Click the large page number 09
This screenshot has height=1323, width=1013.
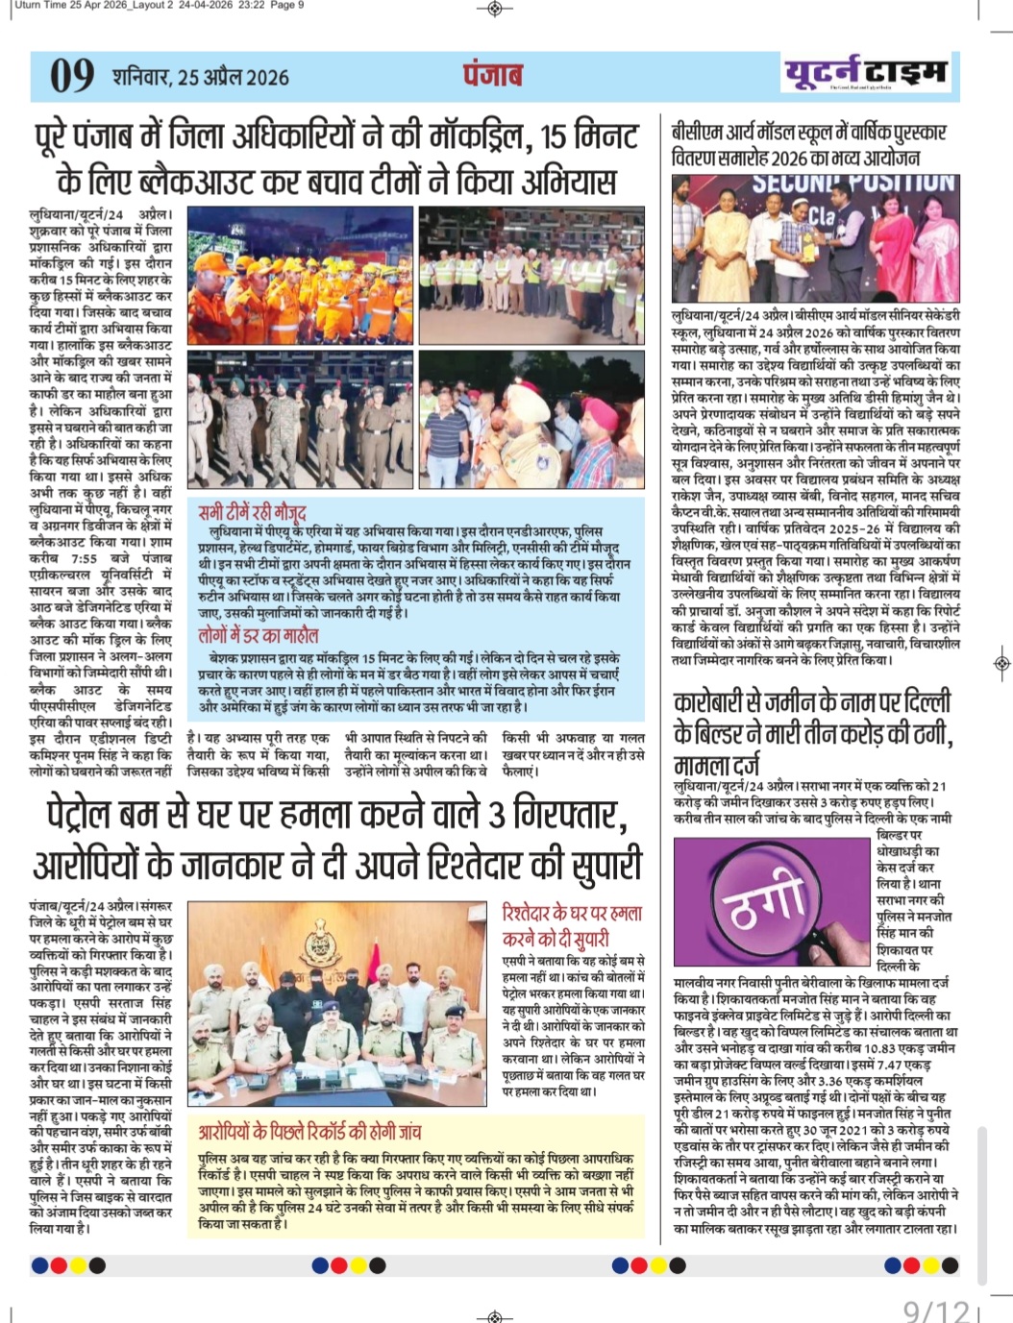[72, 77]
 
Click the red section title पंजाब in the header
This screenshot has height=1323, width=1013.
[493, 75]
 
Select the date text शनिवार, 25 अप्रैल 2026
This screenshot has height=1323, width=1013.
[200, 77]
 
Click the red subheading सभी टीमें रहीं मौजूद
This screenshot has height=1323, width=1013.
[252, 511]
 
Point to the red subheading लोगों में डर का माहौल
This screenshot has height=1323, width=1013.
[258, 635]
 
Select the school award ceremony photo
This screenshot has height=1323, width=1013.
[815, 237]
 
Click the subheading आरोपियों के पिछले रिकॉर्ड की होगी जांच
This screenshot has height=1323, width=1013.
[309, 1132]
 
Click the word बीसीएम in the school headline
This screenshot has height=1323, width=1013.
[699, 132]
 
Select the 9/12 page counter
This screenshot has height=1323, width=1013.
[936, 1311]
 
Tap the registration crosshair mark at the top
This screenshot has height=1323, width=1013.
[494, 9]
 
